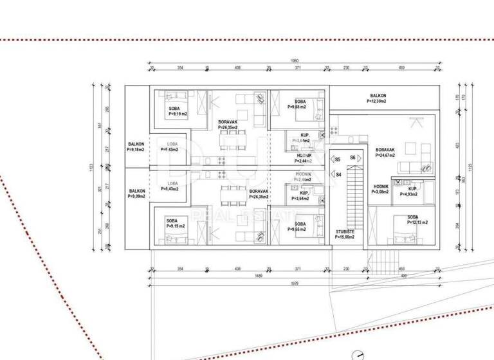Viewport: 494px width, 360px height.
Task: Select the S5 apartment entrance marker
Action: tap(338, 158)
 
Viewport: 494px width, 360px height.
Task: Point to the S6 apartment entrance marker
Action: tap(352, 157)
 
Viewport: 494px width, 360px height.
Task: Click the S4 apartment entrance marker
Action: tap(338, 174)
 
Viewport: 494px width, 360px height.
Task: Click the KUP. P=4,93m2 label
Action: tap(408, 191)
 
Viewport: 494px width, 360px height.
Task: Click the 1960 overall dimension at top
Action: tap(295, 61)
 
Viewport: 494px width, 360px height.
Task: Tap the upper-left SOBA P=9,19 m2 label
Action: tap(177, 111)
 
